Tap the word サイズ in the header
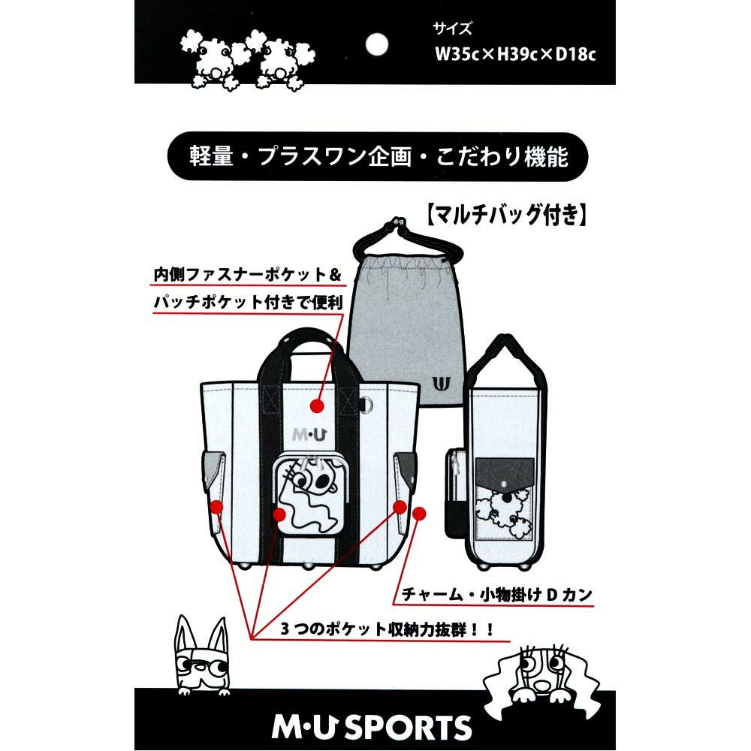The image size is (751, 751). [x=453, y=29]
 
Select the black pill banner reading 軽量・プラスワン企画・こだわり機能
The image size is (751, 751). [x=375, y=157]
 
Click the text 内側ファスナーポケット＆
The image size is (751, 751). [x=246, y=276]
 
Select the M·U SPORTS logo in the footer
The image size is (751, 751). [x=375, y=726]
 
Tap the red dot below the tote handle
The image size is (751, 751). [x=316, y=406]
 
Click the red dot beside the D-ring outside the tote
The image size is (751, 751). [x=419, y=514]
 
